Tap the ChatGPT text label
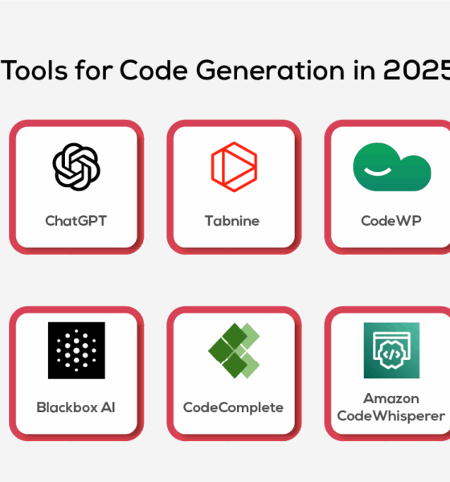tap(76, 220)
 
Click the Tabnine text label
tap(233, 220)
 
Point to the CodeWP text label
tap(391, 220)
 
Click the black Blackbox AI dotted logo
tap(76, 350)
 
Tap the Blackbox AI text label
tap(76, 407)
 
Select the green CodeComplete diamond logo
tap(234, 350)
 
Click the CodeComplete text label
tap(233, 407)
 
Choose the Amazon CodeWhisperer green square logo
tap(391, 350)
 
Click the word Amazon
tap(391, 398)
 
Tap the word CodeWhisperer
tap(391, 415)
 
